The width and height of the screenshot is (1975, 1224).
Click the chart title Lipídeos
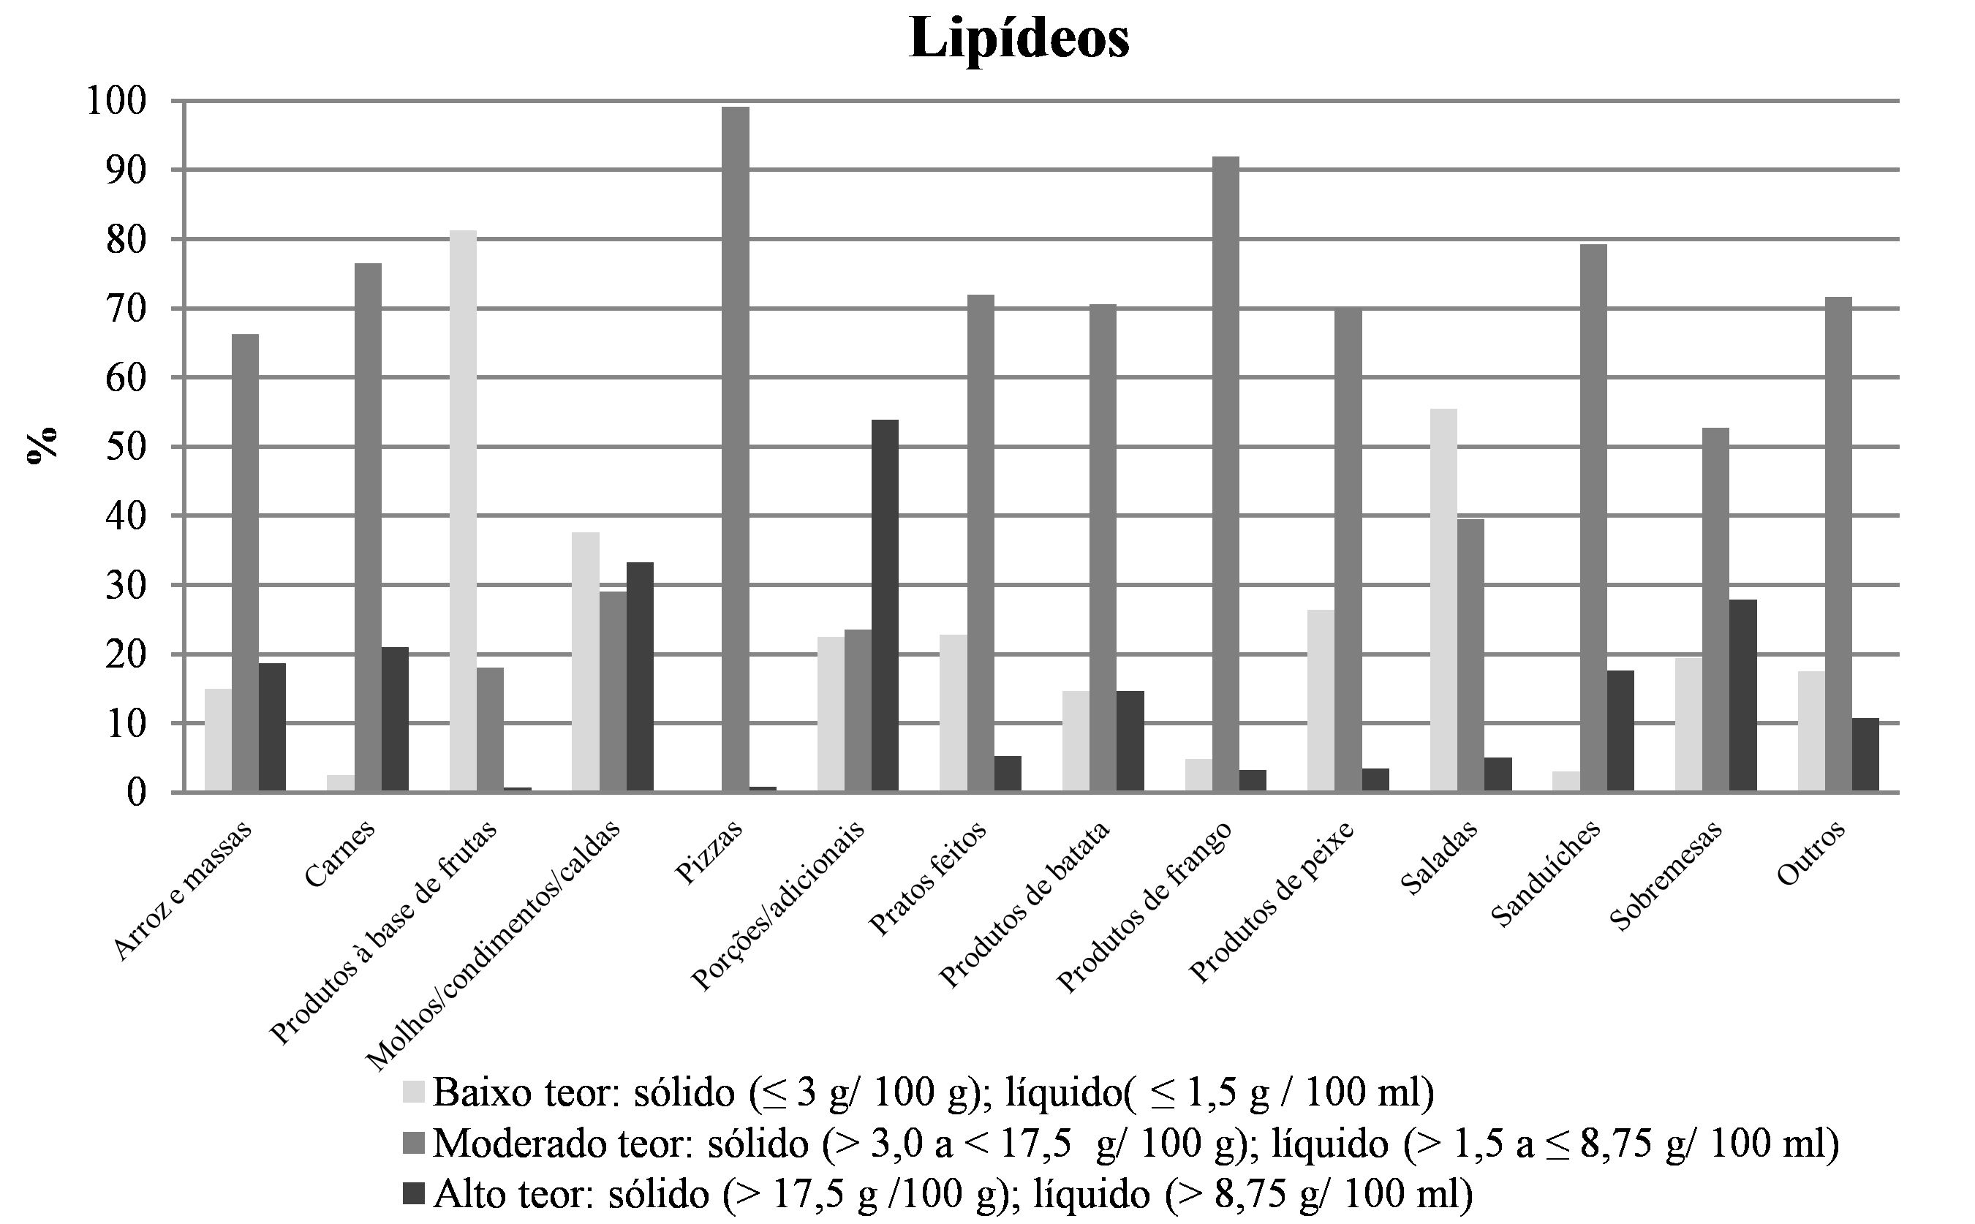(1019, 38)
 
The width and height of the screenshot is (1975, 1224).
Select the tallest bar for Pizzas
(735, 449)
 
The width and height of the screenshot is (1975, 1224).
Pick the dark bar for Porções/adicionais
(885, 605)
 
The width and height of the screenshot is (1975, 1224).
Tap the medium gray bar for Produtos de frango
(1226, 475)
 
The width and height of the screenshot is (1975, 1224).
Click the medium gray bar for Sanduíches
(1593, 518)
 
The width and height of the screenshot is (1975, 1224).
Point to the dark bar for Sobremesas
(1742, 695)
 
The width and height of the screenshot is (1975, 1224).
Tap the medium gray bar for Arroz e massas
(245, 562)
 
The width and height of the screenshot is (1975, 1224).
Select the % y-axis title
(42, 445)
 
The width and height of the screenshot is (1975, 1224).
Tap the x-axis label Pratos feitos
(928, 879)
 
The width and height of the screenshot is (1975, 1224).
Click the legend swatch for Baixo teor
(414, 1092)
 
